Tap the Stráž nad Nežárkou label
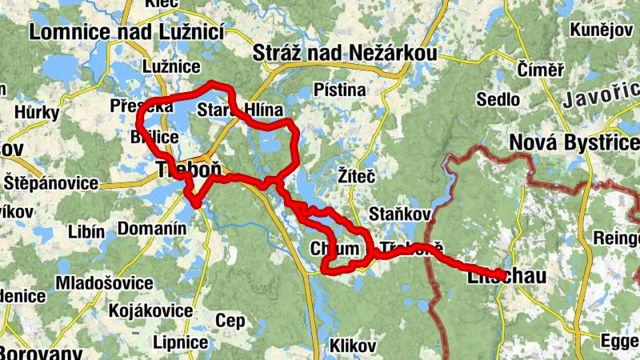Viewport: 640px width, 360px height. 345,54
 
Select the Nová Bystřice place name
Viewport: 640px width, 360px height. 574,143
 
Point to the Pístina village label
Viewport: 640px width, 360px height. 340,90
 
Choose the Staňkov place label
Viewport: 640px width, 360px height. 401,214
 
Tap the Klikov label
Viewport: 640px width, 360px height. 352,346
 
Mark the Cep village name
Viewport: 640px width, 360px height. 230,321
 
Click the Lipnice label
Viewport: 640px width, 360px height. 181,342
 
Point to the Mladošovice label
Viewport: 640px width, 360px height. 104,283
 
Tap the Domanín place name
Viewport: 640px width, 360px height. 152,230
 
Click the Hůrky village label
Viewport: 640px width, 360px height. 31,113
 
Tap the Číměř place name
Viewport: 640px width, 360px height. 541,70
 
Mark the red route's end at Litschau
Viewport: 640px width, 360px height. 502,275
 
